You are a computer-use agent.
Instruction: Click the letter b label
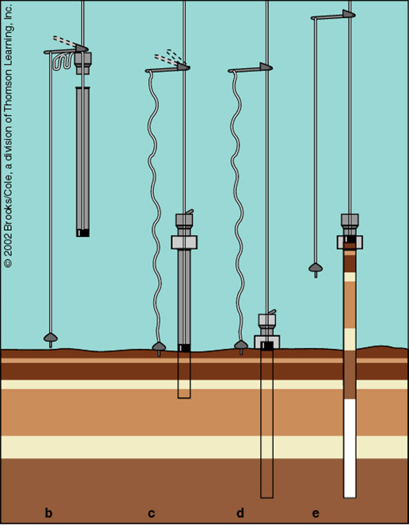[x=48, y=513]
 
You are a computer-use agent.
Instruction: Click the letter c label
[x=152, y=514]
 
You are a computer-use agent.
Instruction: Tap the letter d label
[x=240, y=513]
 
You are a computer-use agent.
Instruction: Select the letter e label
[x=316, y=514]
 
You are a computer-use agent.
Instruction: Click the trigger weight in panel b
[x=51, y=339]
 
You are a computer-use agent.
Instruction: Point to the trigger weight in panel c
[x=159, y=348]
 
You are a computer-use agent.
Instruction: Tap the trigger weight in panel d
[x=241, y=346]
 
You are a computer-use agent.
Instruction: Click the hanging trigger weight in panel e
[x=316, y=269]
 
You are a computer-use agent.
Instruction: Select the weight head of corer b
[x=82, y=63]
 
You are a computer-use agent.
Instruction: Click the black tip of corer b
[x=82, y=233]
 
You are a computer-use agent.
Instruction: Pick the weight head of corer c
[x=184, y=221]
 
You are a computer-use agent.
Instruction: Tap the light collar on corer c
[x=184, y=242]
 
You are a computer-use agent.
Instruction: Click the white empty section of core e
[x=350, y=448]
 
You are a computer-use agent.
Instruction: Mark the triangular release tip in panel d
[x=266, y=67]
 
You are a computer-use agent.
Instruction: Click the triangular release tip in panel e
[x=349, y=14]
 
